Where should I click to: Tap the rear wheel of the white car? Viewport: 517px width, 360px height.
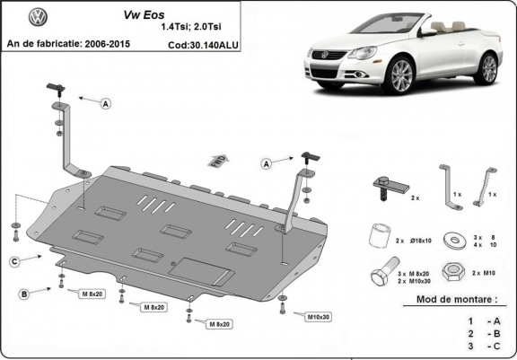coord(487,69)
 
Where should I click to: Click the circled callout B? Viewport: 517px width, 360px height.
coord(24,294)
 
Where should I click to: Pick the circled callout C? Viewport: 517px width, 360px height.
coord(15,261)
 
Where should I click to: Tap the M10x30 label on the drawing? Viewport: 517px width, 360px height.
coord(318,316)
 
